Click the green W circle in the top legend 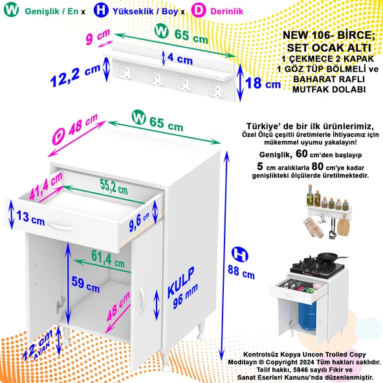click(x=12, y=12)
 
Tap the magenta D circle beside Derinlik click(x=199, y=12)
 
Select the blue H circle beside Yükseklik click(x=101, y=12)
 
